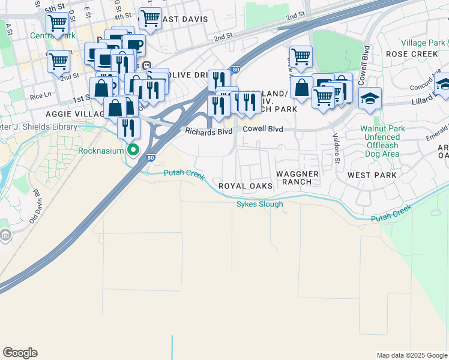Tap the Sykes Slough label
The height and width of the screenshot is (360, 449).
tap(259, 204)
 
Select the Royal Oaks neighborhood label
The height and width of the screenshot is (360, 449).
tap(245, 187)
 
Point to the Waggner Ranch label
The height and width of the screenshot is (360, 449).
tap(294, 178)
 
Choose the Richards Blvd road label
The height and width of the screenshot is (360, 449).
tap(208, 131)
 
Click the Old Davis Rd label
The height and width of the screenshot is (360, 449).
tap(34, 204)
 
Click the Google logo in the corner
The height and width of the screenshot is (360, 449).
tap(20, 353)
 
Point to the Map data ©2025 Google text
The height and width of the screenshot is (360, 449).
tap(411, 355)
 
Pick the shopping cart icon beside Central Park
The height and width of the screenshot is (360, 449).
tap(57, 24)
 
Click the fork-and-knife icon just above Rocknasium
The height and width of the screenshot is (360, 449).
tap(128, 127)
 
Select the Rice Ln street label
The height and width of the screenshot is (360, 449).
tap(40, 95)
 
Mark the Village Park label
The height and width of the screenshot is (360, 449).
tap(423, 43)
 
